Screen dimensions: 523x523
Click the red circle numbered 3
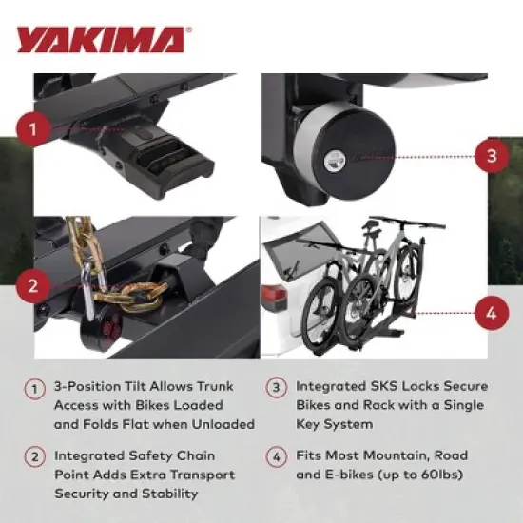click(x=491, y=155)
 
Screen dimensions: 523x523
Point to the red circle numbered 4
click(x=491, y=311)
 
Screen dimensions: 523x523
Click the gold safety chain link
click(x=143, y=288)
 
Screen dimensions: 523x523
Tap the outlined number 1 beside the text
click(x=35, y=388)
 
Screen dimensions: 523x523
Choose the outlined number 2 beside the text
click(x=35, y=456)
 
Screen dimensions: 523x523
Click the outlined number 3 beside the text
click(x=277, y=388)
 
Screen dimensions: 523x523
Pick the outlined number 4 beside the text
click(x=277, y=456)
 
